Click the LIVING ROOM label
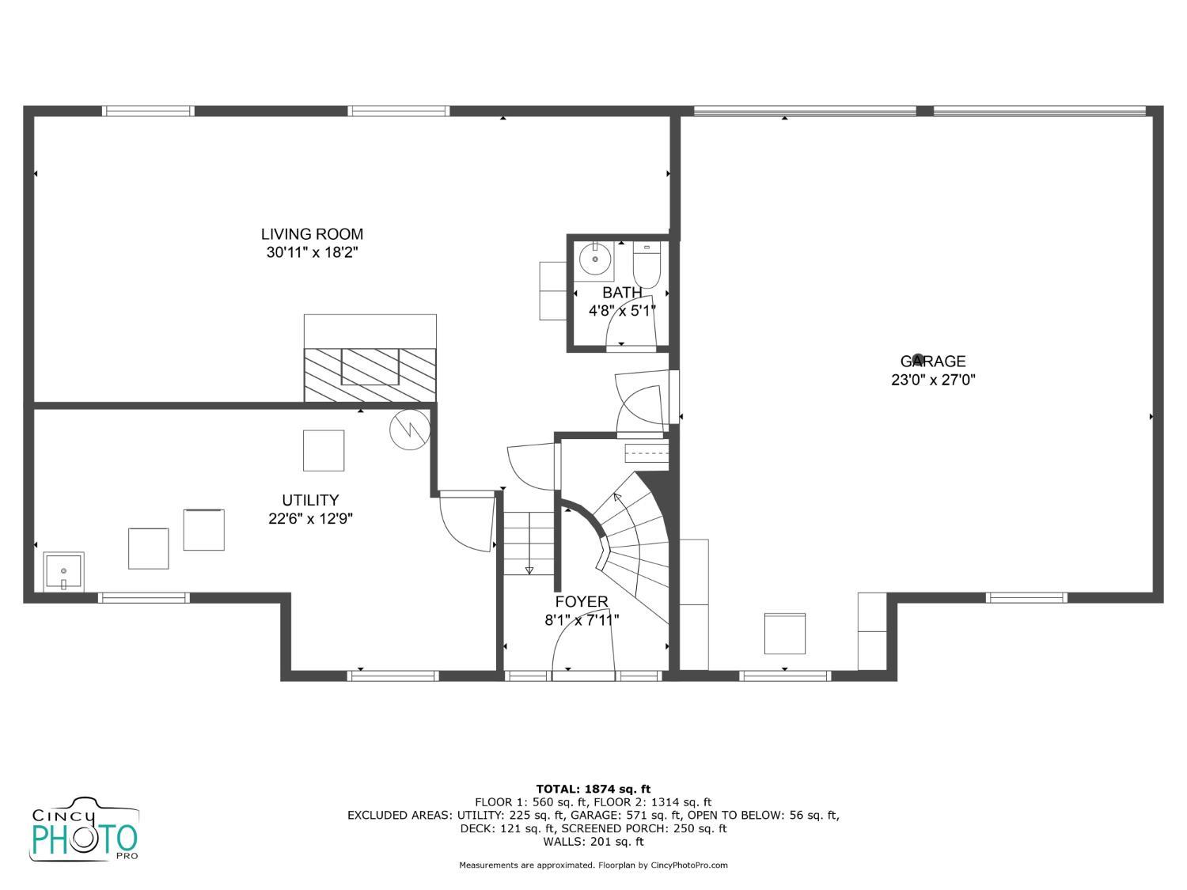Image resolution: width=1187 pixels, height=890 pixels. pos(312,234)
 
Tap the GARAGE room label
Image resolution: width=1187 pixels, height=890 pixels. pos(933,361)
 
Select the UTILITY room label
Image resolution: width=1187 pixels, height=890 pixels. pos(310,500)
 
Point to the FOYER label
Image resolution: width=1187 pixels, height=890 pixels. pos(582,601)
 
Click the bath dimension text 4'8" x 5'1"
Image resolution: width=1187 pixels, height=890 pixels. pos(622,311)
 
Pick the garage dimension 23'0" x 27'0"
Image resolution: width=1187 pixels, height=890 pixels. pos(933,380)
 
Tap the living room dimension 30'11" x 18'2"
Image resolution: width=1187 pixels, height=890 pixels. pos(312,252)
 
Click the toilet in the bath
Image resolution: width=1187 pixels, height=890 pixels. pos(647,265)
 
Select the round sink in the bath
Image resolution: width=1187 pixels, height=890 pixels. pos(595,259)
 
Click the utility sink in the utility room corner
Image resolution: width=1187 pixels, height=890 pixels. pos(63,572)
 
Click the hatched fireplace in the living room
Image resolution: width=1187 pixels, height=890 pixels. pos(370,375)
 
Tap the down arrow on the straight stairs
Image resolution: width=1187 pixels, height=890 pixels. pos(529,570)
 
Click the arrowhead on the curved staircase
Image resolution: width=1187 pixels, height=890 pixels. pos(616,496)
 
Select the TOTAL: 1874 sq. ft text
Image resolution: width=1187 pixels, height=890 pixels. pos(593,789)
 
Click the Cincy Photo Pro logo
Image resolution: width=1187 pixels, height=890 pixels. pos(85,829)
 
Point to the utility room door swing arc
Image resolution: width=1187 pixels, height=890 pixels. pos(460,535)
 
